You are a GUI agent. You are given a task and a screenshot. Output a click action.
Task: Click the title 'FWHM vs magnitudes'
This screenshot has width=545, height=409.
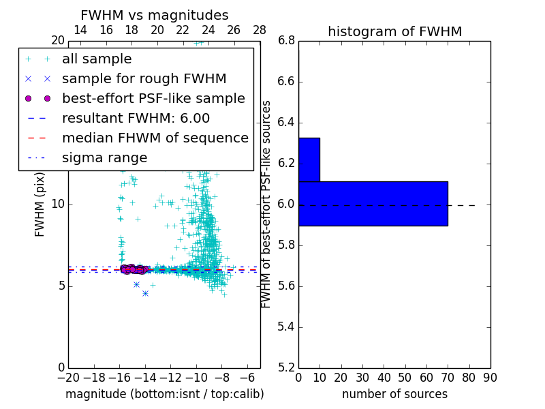coord(154,16)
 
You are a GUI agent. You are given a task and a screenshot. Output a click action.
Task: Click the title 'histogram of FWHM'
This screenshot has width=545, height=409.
coord(394,31)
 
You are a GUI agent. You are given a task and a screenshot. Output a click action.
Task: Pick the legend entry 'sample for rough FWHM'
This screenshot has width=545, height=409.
coord(144,78)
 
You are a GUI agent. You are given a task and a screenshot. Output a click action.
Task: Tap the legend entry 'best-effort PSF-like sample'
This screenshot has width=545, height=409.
coord(153,98)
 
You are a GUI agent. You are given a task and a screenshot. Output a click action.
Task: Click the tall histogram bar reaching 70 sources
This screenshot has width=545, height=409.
coord(373,203)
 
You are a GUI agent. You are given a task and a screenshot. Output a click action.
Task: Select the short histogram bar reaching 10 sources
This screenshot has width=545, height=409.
coord(309,160)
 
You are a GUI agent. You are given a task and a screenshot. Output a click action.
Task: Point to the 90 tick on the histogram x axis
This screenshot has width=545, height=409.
coord(490,377)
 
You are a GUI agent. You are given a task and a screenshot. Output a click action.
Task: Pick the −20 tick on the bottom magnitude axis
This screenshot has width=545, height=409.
coord(68,377)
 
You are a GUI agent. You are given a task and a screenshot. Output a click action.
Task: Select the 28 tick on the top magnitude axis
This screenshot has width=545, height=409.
coord(260,29)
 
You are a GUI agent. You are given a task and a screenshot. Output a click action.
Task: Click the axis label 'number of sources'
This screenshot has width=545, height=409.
coord(394,394)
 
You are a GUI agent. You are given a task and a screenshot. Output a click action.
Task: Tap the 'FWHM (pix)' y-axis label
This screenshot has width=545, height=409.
coord(40,204)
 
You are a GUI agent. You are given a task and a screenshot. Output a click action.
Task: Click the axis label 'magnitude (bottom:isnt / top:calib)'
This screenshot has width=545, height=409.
coord(164,394)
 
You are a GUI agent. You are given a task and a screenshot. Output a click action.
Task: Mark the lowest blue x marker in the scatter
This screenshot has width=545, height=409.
coord(145,293)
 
